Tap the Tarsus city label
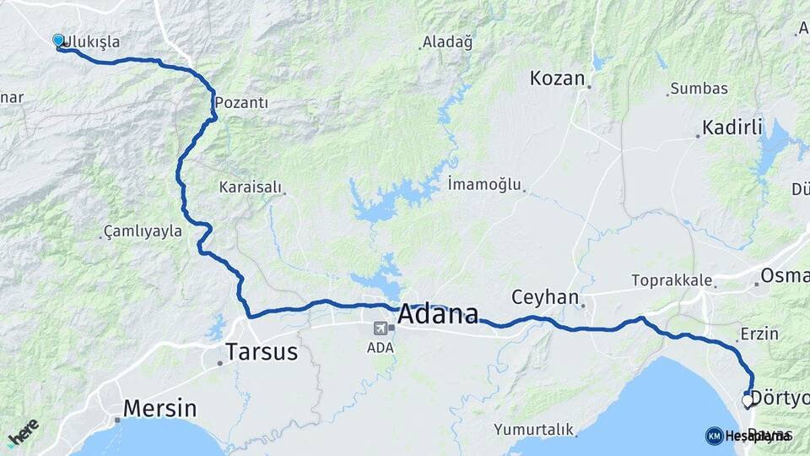point(262,351)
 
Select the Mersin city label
point(159,409)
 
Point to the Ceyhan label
point(545,297)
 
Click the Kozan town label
point(557,79)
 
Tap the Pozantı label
point(242,102)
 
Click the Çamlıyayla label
point(143,231)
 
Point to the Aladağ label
point(448,41)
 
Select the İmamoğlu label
point(485,183)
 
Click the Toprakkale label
point(672,280)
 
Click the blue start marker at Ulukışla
point(58,40)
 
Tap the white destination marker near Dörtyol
point(747,401)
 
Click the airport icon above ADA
point(380,328)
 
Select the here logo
point(23,432)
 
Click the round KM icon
point(714,436)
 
